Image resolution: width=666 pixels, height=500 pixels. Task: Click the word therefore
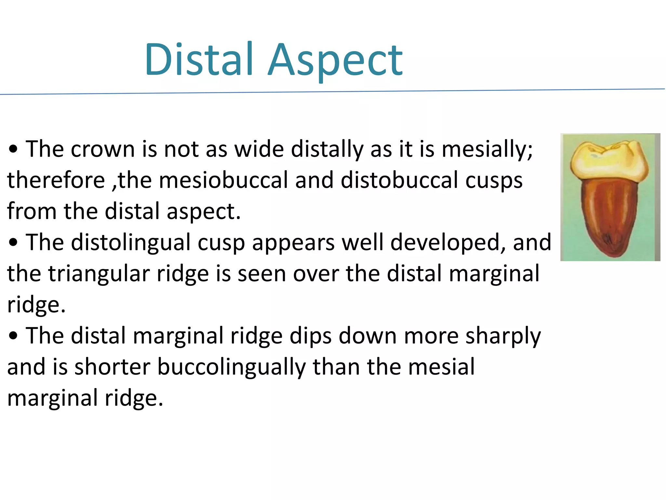(x=56, y=180)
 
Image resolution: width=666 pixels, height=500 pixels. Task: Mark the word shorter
(x=113, y=367)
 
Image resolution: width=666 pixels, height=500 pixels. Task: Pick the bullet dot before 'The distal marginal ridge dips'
(x=13, y=336)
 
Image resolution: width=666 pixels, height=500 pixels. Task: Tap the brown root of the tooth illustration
(x=608, y=215)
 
